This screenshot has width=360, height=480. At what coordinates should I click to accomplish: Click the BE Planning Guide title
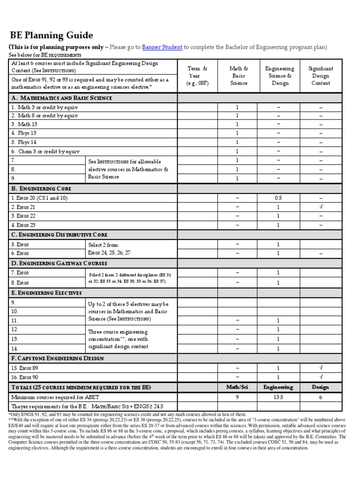tap(52, 36)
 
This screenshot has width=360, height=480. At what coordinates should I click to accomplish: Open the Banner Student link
tap(162, 47)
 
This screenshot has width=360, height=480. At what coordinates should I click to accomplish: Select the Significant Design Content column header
tap(321, 75)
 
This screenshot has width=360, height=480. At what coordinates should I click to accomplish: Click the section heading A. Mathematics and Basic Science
tap(62, 98)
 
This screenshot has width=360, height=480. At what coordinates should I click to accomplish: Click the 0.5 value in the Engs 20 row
tap(277, 198)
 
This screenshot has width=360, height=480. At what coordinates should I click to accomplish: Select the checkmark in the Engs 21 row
tap(321, 207)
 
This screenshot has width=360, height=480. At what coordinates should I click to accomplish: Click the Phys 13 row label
tap(24, 133)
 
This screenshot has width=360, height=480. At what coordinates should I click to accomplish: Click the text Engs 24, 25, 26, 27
tap(109, 253)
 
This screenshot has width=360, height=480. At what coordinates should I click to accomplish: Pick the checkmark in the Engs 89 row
tap(321, 367)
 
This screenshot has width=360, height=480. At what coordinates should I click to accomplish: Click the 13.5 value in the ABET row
tap(277, 397)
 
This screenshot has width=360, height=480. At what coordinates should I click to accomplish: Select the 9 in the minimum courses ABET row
tap(237, 397)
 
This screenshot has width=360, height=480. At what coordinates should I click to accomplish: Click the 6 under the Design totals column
tap(321, 397)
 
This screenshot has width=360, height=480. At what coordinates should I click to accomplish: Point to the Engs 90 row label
tap(23, 377)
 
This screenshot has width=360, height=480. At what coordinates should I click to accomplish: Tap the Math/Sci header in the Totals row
tap(237, 387)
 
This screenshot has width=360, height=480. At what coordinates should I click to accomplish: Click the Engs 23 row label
tap(23, 225)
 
